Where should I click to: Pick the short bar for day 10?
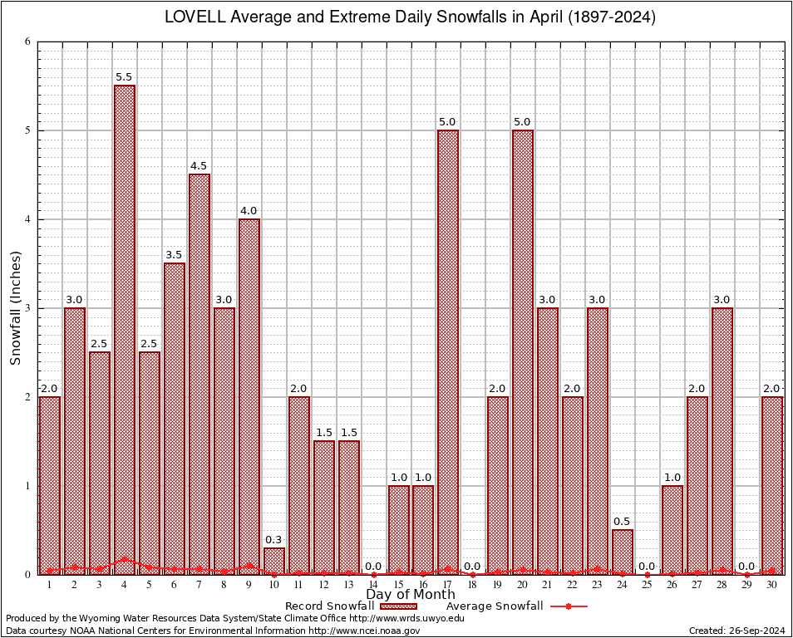274,561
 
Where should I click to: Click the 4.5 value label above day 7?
199,166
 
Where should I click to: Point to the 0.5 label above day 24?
622,522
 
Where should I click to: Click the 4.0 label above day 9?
249,211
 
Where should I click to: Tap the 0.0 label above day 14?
373,566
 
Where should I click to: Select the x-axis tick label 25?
648,585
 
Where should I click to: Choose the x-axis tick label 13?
348,585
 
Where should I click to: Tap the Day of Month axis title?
411,595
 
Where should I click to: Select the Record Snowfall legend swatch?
397,606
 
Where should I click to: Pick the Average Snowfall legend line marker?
568,606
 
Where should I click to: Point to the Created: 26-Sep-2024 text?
736,631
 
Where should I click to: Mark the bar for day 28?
722,441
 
